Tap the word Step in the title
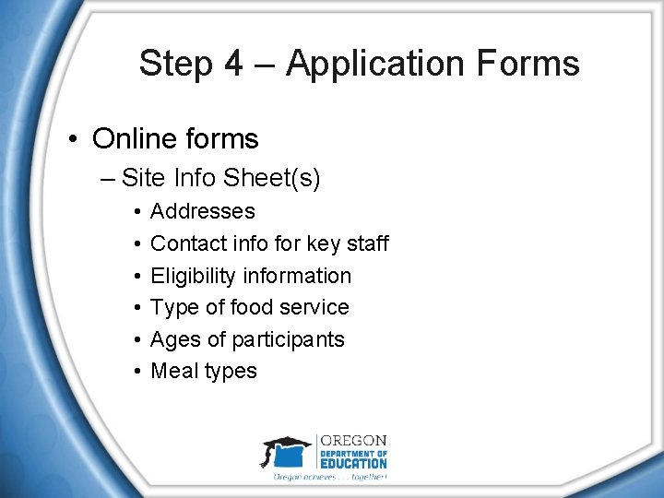click(x=176, y=64)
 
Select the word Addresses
click(x=202, y=211)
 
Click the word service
click(x=314, y=307)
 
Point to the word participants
click(x=288, y=339)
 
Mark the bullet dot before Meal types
click(x=136, y=372)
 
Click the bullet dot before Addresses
click(x=136, y=212)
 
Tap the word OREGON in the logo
click(x=353, y=441)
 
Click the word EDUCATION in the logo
click(x=354, y=463)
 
